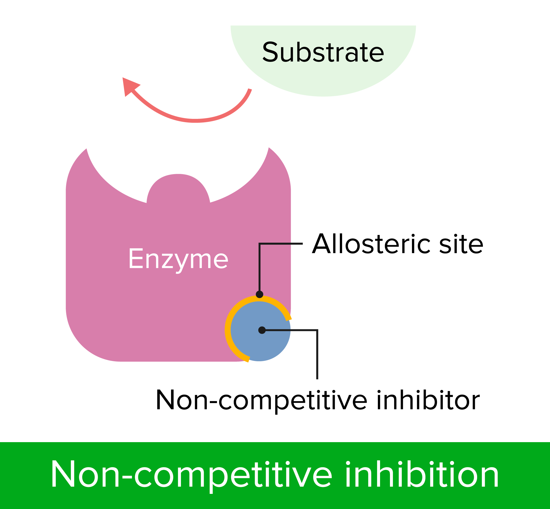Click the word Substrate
click(323, 52)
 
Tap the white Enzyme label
click(178, 259)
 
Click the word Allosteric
click(371, 244)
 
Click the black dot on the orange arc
click(259, 294)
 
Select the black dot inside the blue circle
click(262, 330)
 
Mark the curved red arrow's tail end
click(250, 89)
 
